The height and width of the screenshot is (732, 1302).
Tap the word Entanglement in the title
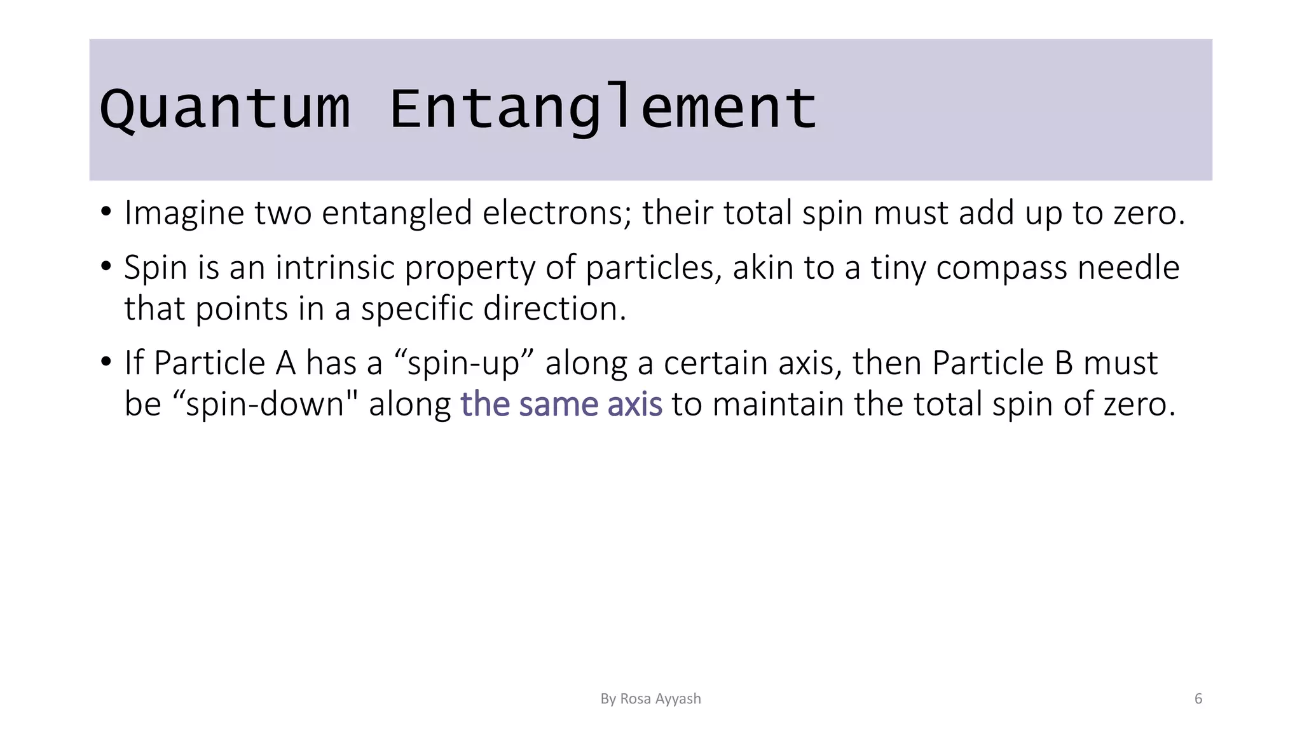[602, 109]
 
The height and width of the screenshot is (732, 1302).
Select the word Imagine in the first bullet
[184, 213]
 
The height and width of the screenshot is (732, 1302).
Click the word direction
[554, 309]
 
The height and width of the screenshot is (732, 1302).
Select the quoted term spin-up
[463, 364]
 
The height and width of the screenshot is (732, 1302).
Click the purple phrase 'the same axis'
[561, 405]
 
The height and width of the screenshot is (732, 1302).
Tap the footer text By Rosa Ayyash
[650, 699]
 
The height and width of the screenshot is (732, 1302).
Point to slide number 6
[1198, 699]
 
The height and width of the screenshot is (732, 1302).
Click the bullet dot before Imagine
[106, 212]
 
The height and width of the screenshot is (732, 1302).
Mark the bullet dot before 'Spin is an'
[106, 267]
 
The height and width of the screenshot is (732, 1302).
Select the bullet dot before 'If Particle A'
[106, 362]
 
